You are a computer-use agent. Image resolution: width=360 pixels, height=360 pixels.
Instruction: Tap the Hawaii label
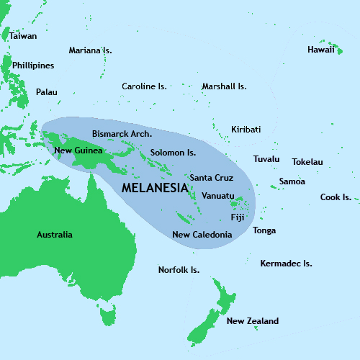[x=320, y=50]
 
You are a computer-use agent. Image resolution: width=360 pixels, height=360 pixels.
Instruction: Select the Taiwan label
[x=23, y=35]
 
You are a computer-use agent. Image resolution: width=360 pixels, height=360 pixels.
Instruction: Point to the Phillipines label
[x=33, y=66]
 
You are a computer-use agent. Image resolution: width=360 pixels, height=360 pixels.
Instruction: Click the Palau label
[x=46, y=92]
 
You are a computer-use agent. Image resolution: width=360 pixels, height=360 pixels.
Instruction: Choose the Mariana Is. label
[x=90, y=50]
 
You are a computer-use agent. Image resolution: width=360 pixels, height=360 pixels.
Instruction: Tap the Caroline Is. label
[x=144, y=86]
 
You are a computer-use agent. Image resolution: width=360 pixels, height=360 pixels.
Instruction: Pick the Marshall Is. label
[x=224, y=86]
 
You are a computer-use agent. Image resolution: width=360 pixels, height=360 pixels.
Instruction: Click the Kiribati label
[x=246, y=130]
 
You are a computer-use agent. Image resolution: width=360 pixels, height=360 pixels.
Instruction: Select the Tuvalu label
[x=266, y=159]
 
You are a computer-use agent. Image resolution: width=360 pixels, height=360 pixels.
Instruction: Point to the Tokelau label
[x=307, y=162]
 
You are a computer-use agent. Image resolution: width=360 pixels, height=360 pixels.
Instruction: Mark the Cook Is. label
[x=336, y=197]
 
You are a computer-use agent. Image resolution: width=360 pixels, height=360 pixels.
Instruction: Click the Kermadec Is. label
[x=286, y=264]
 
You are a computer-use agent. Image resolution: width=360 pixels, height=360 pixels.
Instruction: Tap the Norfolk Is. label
[x=179, y=270]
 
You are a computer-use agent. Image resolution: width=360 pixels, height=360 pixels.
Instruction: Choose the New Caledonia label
[x=202, y=235]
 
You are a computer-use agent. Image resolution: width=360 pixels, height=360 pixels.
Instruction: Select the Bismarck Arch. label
[x=122, y=134]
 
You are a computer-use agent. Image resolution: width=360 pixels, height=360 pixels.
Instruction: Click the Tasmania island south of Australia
[x=109, y=315]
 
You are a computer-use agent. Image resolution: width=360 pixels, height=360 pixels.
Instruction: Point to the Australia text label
[x=55, y=235]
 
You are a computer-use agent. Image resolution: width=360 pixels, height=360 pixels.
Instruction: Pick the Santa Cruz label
[x=211, y=177]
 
